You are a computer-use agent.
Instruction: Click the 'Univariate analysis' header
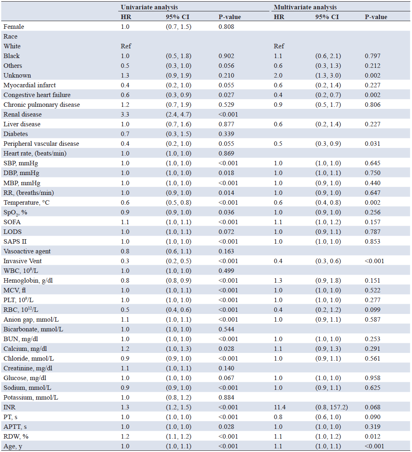pyautogui.click(x=149, y=7)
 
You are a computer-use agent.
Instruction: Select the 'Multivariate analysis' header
pyautogui.click(x=305, y=7)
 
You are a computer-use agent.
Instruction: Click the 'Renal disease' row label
pyautogui.click(x=22, y=115)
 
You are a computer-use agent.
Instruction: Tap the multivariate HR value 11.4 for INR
pyautogui.click(x=280, y=407)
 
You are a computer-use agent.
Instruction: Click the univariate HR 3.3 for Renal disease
pyautogui.click(x=125, y=115)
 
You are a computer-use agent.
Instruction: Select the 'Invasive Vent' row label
pyautogui.click(x=22, y=261)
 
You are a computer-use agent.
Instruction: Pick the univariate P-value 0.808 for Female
pyautogui.click(x=226, y=27)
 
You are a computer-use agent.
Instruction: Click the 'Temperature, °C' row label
pyautogui.click(x=26, y=203)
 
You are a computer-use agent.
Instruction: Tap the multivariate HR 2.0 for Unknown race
pyautogui.click(x=278, y=76)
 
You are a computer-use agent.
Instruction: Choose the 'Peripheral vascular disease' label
pyautogui.click(x=41, y=144)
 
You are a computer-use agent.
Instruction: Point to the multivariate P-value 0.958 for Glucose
pyautogui.click(x=373, y=378)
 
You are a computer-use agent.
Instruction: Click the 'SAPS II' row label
pyautogui.click(x=15, y=242)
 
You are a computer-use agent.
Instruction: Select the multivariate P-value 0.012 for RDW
pyautogui.click(x=373, y=437)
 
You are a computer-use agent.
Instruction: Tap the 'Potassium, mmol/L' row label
pyautogui.click(x=31, y=398)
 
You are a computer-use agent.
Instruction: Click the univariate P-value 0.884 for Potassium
pyautogui.click(x=226, y=398)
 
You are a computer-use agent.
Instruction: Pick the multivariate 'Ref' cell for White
pyautogui.click(x=279, y=46)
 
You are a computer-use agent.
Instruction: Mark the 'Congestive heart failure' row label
pyautogui.click(x=37, y=95)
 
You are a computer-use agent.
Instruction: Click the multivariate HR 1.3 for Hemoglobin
pyautogui.click(x=278, y=281)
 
